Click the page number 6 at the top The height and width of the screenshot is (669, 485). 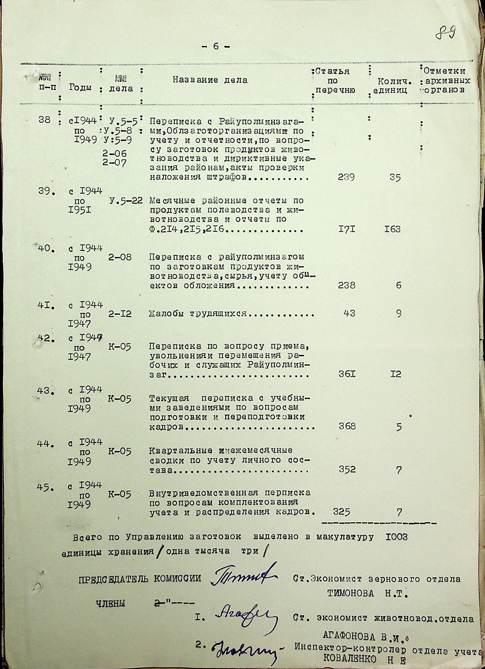[x=216, y=46]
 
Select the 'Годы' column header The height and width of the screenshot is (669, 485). [x=80, y=87]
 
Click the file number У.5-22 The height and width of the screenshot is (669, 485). [x=126, y=201]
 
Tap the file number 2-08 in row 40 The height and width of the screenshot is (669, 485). [x=120, y=257]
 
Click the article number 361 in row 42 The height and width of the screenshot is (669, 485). [x=347, y=375]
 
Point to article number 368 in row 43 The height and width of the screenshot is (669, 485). [x=347, y=426]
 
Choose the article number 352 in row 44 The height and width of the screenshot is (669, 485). [x=347, y=469]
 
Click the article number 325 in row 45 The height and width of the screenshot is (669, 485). [x=341, y=512]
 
